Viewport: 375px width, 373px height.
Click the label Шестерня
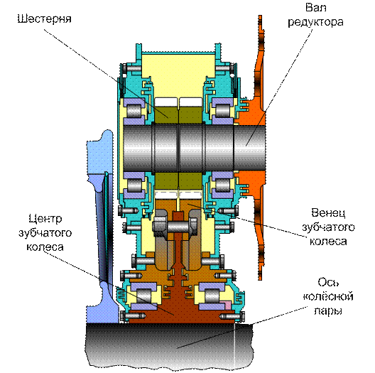[x=45, y=18]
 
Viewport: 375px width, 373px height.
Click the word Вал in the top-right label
[x=315, y=8]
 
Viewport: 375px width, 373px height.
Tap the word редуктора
[x=315, y=22]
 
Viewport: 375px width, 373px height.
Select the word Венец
[x=328, y=212]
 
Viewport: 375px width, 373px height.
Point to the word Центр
[x=45, y=219]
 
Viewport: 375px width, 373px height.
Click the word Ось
[x=328, y=283]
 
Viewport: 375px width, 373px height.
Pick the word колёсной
[x=328, y=297]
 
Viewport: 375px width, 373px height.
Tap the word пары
[x=328, y=311]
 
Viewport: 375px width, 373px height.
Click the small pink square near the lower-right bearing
[x=227, y=305]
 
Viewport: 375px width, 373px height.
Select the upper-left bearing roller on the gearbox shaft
[x=134, y=112]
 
